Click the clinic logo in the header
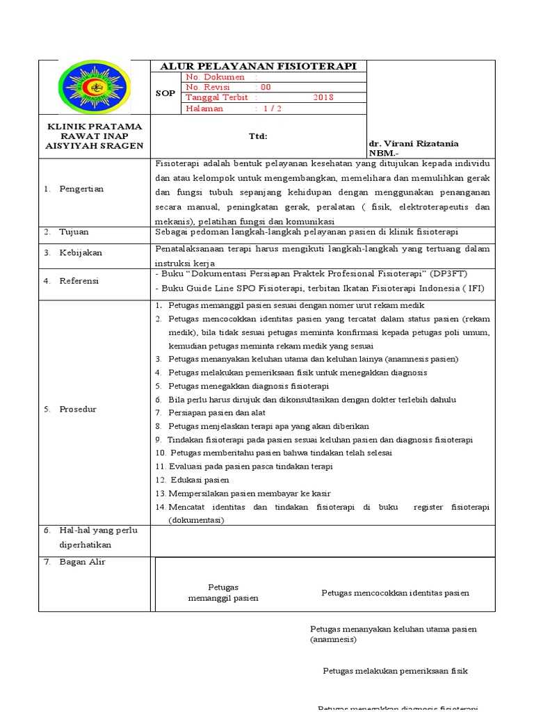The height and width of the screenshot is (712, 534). pos(95,88)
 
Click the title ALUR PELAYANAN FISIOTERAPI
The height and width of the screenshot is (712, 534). pos(258,66)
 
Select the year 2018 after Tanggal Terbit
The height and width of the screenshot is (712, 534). pos(323,97)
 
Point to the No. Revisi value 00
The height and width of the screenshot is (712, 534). pos(266,87)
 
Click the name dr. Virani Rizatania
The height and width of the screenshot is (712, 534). pos(413,143)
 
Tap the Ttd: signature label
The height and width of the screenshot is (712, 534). pos(258,137)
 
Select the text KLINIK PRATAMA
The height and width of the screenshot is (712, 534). pos(94,127)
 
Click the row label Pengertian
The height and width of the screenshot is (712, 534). pos(81,189)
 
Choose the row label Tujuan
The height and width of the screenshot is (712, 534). pos(74,232)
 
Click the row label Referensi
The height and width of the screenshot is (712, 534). pos(79,281)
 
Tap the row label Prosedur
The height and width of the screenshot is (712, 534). pos(77,409)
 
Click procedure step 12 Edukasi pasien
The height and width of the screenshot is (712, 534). pos(199,480)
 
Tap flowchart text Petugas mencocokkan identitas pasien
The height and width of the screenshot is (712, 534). pos(395,593)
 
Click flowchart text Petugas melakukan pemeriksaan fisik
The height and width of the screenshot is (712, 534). pos(395,671)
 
